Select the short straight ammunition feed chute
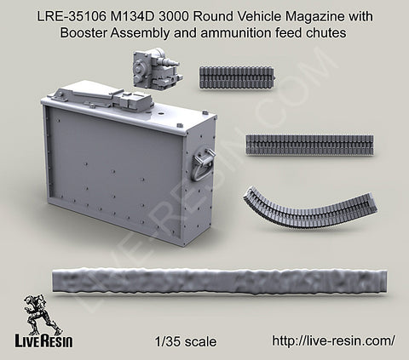point(237,77)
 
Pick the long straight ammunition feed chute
point(310,145)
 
